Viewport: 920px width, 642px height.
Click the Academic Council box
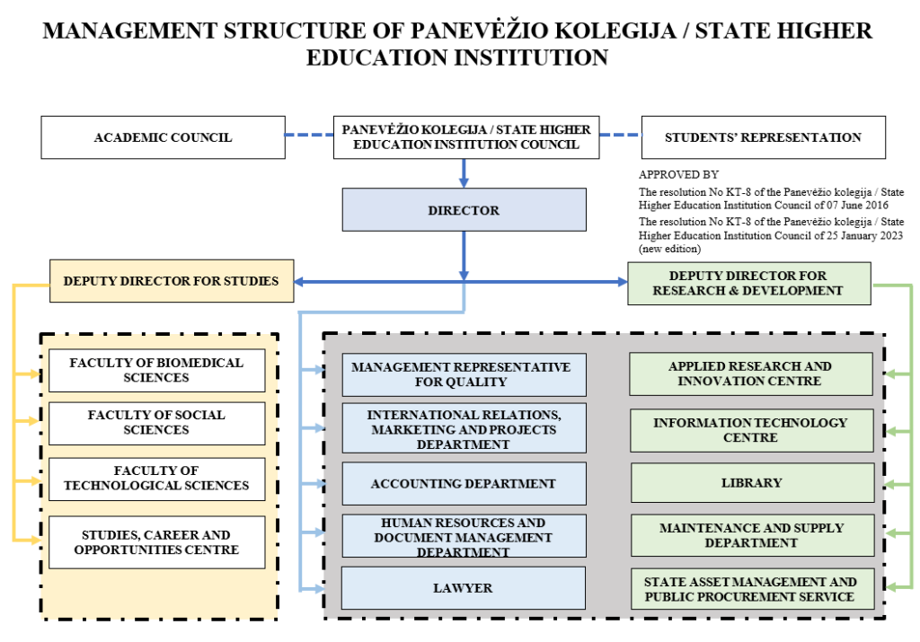(163, 137)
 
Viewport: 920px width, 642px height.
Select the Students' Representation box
(763, 137)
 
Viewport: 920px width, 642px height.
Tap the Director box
(464, 210)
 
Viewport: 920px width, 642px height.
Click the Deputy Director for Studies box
(171, 281)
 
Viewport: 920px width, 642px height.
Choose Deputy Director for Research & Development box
(748, 283)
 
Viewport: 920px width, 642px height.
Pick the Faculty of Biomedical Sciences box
(156, 370)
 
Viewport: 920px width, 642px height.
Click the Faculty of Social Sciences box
(156, 423)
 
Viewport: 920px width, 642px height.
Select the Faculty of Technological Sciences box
(156, 479)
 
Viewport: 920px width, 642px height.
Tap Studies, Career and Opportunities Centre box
(156, 542)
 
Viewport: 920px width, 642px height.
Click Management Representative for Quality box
(464, 374)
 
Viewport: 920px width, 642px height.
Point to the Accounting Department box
(464, 484)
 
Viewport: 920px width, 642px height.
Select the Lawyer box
(464, 588)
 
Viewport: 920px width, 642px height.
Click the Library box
(751, 483)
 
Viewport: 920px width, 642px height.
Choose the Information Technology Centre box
(751, 430)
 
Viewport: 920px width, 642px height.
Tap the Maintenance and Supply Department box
(751, 535)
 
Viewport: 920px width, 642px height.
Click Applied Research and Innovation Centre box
(751, 374)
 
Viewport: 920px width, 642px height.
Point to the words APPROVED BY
(678, 175)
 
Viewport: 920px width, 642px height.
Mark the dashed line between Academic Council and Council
(309, 136)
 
